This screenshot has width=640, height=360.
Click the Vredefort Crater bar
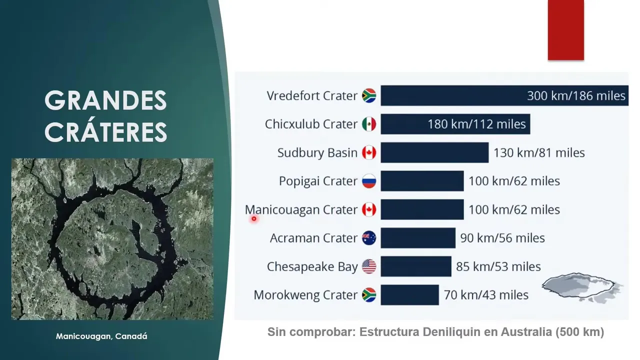(504, 95)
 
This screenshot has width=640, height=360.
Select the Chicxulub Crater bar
(455, 124)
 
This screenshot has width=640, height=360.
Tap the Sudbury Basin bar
(434, 152)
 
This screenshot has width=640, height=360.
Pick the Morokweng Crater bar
(409, 295)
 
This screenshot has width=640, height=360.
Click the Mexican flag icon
(369, 124)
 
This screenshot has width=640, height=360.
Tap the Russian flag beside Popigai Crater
(369, 181)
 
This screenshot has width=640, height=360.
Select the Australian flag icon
(369, 238)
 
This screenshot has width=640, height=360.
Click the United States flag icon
(369, 266)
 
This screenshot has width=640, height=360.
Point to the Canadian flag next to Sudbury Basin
(369, 152)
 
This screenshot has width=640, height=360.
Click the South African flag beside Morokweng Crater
(369, 295)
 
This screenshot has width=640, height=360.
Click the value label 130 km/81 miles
(539, 153)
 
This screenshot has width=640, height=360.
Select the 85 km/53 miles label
(498, 266)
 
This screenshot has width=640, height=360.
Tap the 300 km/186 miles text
(576, 95)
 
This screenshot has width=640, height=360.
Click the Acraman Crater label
(313, 238)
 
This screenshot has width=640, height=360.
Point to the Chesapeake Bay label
(312, 267)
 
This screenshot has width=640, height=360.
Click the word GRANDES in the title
(105, 100)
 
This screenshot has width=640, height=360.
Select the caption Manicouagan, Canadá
(101, 336)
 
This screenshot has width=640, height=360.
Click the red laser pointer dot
(254, 219)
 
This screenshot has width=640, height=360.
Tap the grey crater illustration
(581, 287)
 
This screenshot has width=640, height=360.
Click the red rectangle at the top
(565, 30)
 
